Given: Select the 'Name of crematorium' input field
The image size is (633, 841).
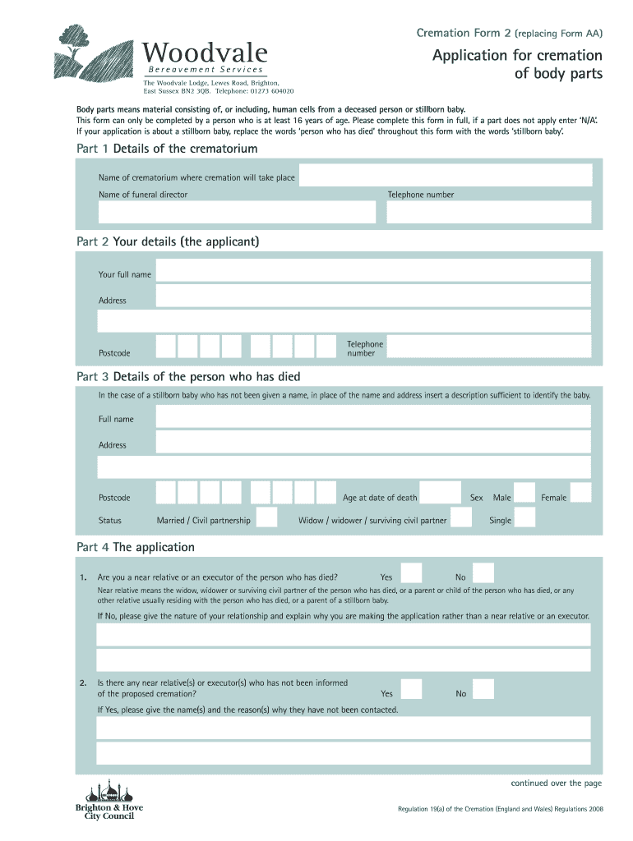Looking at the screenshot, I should [x=444, y=176].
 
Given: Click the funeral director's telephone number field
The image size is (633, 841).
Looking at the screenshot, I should [x=488, y=213].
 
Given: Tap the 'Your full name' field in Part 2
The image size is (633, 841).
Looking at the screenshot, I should [x=372, y=272].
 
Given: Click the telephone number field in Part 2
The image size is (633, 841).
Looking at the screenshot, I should [x=488, y=347].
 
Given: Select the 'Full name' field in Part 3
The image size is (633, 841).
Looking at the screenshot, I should [x=372, y=417].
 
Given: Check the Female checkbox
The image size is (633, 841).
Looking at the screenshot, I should [x=580, y=493].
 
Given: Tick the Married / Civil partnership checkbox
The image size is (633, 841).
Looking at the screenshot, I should [x=266, y=517].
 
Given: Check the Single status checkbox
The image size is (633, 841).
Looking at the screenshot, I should [x=524, y=517].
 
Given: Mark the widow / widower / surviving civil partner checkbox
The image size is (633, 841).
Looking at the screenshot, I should [x=461, y=517].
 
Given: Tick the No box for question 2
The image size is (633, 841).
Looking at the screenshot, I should [x=483, y=691].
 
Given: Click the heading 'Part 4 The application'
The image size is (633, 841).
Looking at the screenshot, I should [x=136, y=547].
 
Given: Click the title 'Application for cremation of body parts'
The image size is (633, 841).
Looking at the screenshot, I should [x=518, y=64].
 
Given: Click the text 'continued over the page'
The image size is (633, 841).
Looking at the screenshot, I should [x=557, y=783].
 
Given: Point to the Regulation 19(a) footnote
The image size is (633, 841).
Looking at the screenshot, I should [x=501, y=809].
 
